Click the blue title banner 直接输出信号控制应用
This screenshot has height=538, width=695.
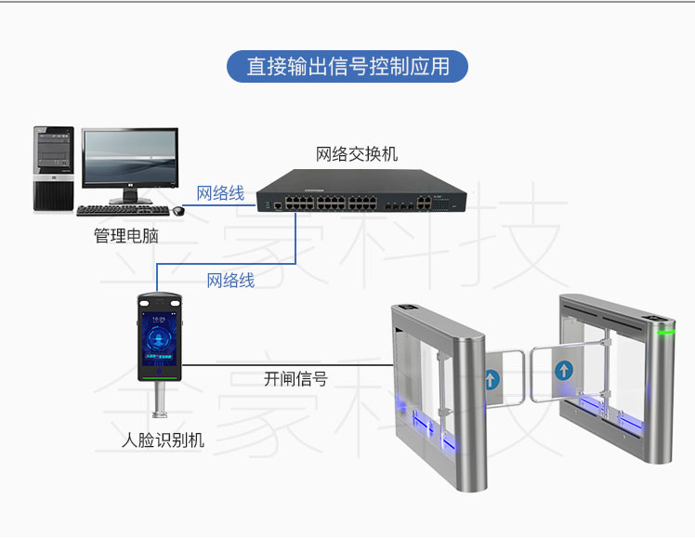point(347,67)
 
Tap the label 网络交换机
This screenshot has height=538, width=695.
point(357,153)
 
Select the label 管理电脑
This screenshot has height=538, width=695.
point(126,236)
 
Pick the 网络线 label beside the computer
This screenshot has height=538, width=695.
point(220,193)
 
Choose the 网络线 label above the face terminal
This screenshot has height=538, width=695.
point(230,280)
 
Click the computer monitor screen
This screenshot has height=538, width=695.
point(129,158)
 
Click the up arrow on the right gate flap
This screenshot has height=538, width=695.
point(563,370)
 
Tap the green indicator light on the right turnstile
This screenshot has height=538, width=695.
point(665,331)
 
